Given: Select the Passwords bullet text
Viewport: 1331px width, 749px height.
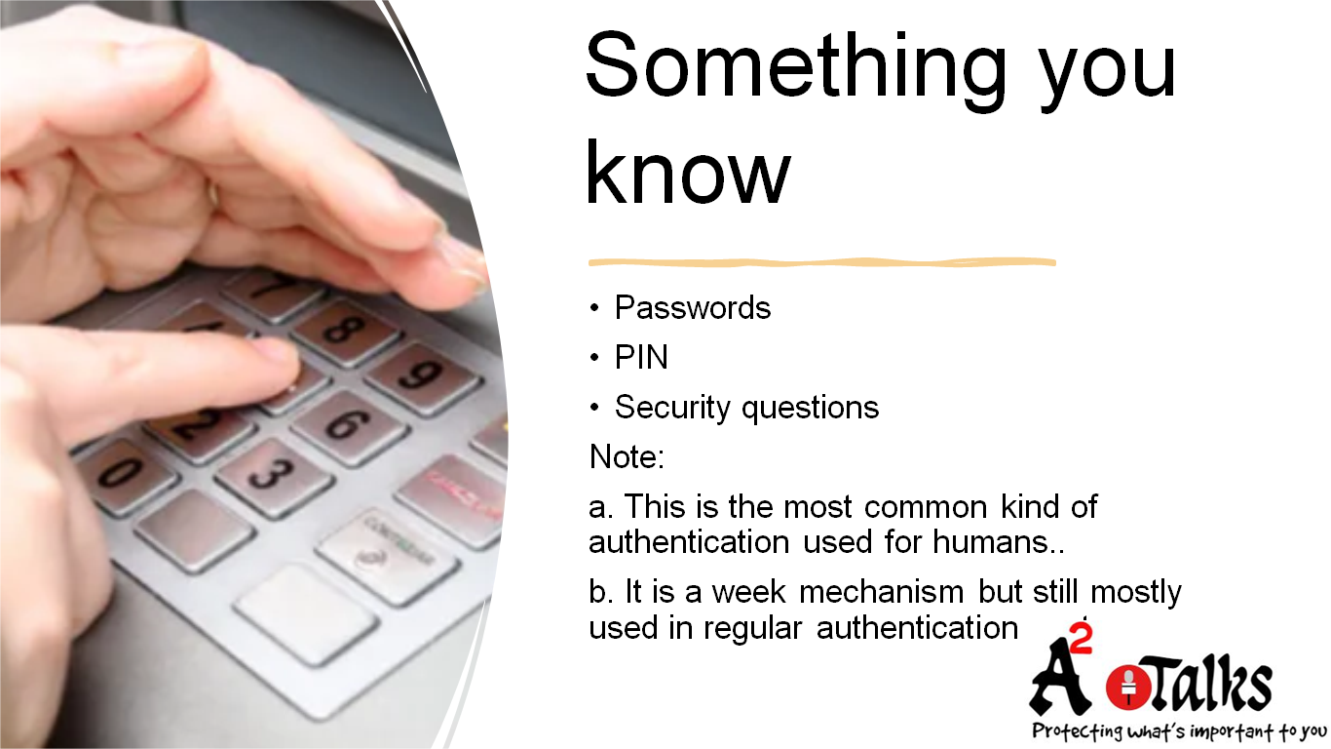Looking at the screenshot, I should coord(692,308).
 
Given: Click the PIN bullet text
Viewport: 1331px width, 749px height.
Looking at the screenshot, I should coord(641,358).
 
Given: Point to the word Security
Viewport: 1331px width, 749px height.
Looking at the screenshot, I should coord(673,407).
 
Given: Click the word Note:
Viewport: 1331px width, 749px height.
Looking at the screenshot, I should coord(627,455).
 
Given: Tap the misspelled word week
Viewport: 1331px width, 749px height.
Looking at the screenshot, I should coord(747,592).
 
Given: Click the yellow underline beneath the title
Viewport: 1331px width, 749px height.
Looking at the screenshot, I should coord(821,262).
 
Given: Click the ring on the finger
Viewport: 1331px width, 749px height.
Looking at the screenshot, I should coord(212,191).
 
